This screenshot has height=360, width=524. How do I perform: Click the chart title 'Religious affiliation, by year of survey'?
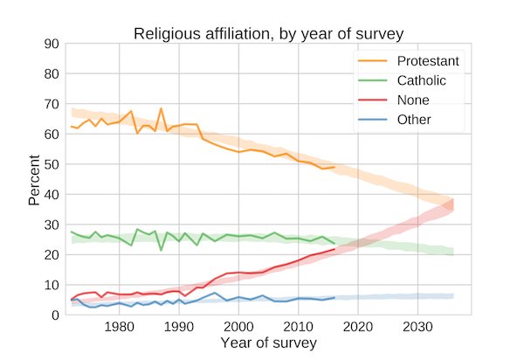[x=267, y=34]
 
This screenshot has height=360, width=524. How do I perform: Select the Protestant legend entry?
[x=428, y=61]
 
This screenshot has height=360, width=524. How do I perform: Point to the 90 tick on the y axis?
[x=50, y=44]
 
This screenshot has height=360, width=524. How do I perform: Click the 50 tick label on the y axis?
[x=50, y=164]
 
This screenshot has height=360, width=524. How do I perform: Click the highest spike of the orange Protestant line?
[x=161, y=108]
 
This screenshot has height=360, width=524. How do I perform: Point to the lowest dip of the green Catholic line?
[x=161, y=250]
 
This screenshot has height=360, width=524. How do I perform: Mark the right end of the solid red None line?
[x=334, y=249]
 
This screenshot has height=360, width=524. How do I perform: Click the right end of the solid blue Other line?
[x=334, y=298]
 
